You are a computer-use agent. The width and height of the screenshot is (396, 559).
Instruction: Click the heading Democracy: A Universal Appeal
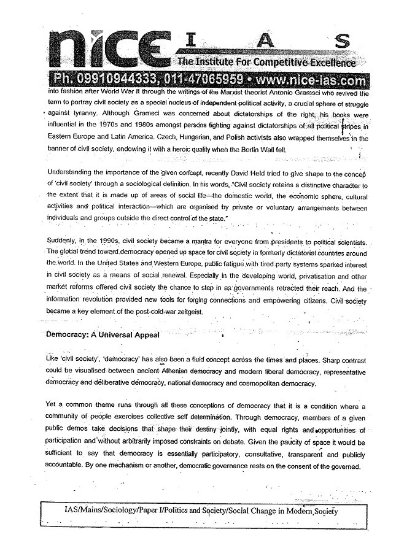tap(103, 335)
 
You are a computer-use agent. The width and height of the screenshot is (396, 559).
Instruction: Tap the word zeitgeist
tap(193, 312)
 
